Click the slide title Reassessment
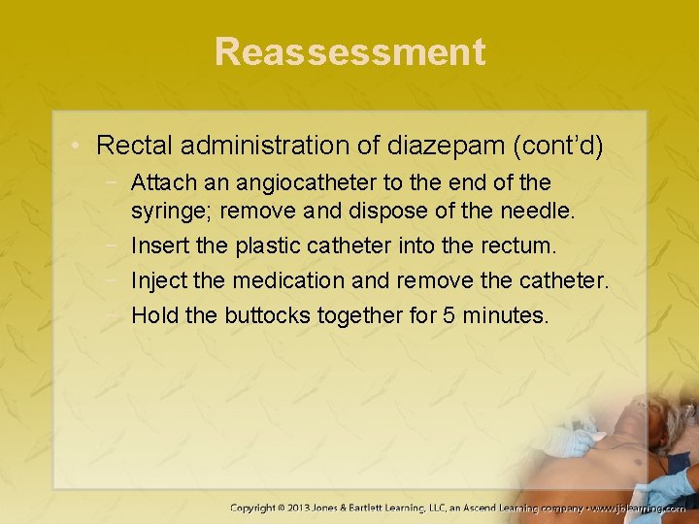[349, 51]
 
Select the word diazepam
[433, 147]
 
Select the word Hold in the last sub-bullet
[152, 315]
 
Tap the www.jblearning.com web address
[642, 508]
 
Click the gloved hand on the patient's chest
[571, 442]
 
